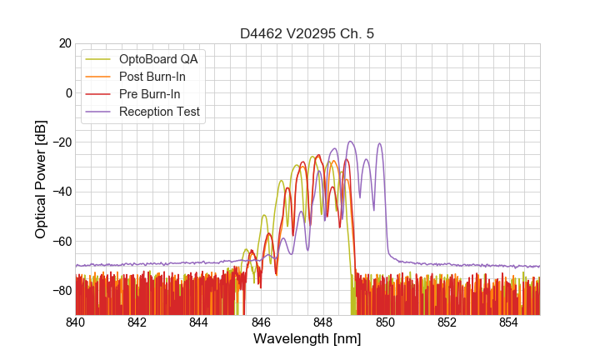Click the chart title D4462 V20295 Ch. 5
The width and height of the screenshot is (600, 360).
307,34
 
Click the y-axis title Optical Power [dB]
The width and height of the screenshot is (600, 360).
40,179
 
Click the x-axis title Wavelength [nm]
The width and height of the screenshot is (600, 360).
307,339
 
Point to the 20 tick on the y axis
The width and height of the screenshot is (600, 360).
64,43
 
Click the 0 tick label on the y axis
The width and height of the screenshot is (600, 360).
67,92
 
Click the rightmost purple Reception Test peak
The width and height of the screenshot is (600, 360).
380,143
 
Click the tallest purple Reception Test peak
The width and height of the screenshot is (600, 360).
350,142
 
